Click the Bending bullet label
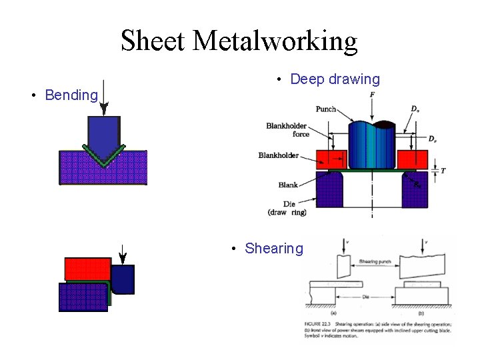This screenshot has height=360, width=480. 71,95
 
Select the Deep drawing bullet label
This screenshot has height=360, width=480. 335,79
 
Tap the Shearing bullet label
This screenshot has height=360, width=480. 273,249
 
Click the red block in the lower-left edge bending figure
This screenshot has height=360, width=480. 87,269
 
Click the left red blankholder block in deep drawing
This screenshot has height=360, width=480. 331,159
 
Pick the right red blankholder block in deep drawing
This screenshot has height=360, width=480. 411,159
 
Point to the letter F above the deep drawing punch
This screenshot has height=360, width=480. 371,96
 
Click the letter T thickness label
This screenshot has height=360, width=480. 443,171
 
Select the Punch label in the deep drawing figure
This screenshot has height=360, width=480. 326,109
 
